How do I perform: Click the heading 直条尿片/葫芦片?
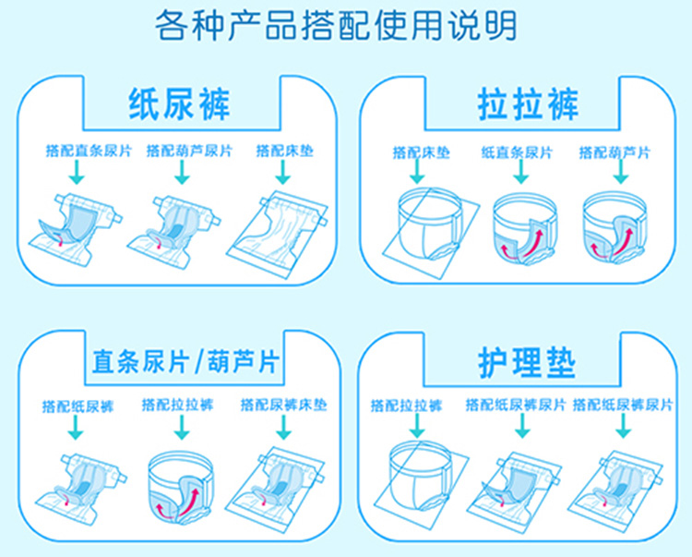point(187,360)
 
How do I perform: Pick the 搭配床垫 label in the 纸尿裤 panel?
point(284,151)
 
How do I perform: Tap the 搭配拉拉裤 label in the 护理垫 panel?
point(406,405)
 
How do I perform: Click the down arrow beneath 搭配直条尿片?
point(78,173)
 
